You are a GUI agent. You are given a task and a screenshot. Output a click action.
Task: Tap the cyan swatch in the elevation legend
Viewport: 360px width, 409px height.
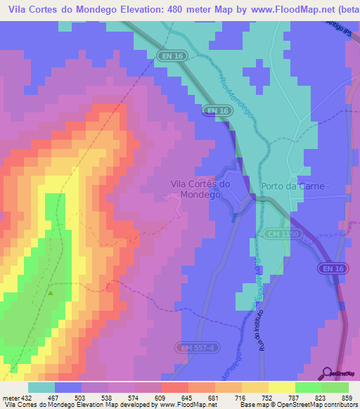click(41, 388)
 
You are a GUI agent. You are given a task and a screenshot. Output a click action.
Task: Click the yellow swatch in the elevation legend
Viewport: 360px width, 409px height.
click(281, 388)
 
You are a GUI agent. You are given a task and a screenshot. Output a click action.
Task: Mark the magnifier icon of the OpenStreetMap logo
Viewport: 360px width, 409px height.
click(326, 373)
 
